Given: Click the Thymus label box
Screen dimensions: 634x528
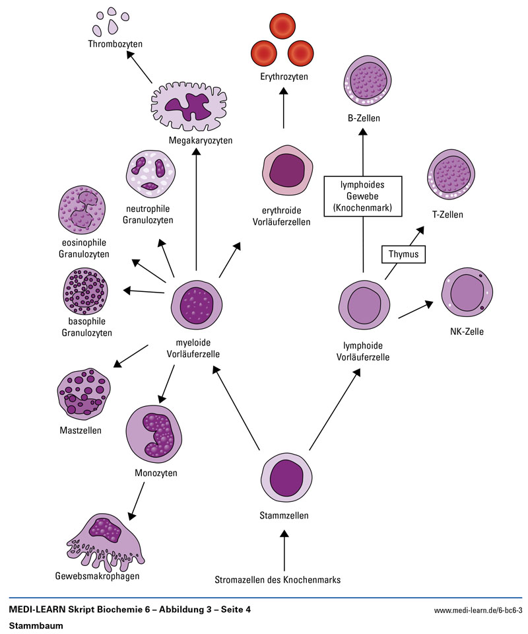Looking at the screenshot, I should pyautogui.click(x=404, y=254).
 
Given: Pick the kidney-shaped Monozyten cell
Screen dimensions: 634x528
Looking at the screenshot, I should pyautogui.click(x=153, y=433).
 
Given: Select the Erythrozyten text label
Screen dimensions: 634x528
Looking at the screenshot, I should pyautogui.click(x=284, y=77).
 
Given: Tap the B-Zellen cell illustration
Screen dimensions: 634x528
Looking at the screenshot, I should pyautogui.click(x=368, y=83).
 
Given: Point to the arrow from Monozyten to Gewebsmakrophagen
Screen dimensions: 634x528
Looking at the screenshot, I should pyautogui.click(x=137, y=499).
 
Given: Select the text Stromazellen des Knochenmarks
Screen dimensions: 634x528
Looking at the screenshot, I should pyautogui.click(x=277, y=581).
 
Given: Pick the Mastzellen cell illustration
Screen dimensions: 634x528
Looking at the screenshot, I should pyautogui.click(x=84, y=394).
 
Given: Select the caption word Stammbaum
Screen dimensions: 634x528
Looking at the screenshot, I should pyautogui.click(x=32, y=625).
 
